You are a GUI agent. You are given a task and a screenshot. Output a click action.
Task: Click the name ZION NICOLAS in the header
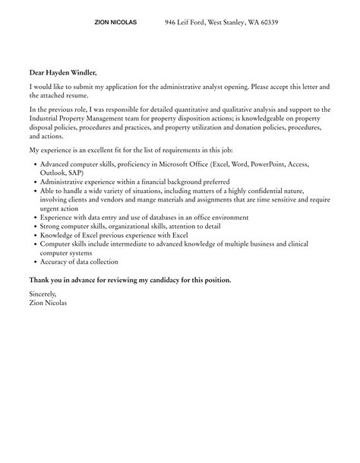click(x=115, y=23)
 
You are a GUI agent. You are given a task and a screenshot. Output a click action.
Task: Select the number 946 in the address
click(x=172, y=23)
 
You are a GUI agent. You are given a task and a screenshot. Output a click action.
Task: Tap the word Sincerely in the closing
click(x=43, y=293)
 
